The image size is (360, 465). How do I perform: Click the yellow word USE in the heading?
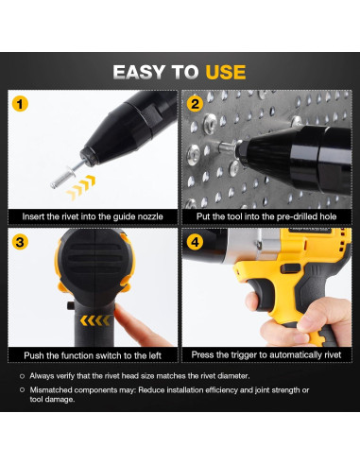pos(226,72)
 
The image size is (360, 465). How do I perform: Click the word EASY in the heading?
pos(140,72)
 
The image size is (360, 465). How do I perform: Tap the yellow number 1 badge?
pos(20,104)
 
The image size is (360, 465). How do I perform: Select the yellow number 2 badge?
pos(195,104)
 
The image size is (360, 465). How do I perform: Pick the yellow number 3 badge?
pos(20,242)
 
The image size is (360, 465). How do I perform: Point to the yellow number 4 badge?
pos(195,242)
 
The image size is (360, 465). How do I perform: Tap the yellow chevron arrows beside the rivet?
pos(80,187)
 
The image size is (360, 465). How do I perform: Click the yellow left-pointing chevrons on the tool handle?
pos(95,320)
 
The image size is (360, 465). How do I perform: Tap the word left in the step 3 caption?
pos(153,355)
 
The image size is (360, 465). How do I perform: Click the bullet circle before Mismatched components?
pos(22,390)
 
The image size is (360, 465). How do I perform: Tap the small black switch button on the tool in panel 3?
pos(71,305)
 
